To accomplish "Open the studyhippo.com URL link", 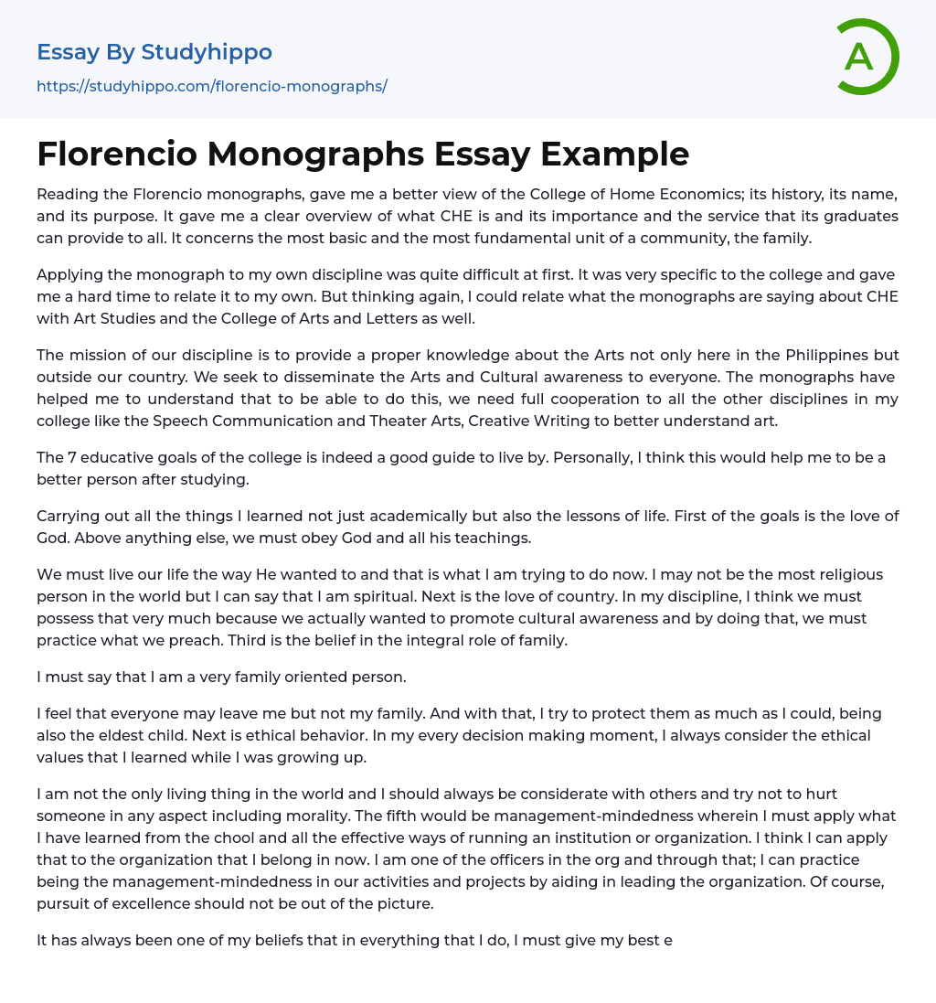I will tap(212, 86).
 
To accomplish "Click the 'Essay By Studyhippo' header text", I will tap(154, 52).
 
